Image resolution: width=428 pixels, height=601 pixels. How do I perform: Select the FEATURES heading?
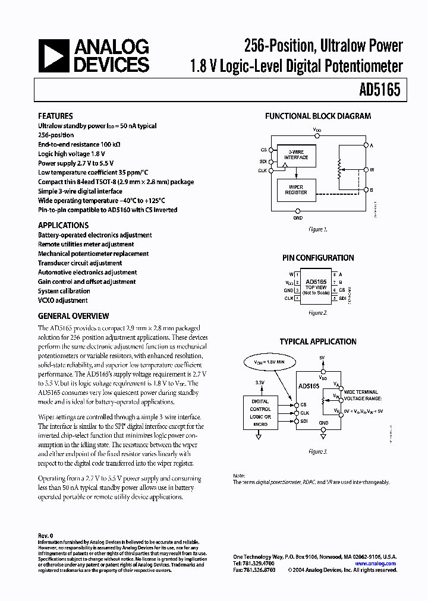coord(55,116)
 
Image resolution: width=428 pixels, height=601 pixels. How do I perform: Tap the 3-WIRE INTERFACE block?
coord(296,155)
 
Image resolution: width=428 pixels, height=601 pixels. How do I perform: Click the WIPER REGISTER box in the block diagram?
coord(296,189)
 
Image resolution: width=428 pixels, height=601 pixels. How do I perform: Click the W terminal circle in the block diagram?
coord(366,169)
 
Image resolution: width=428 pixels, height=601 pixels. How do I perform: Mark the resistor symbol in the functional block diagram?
coord(340,169)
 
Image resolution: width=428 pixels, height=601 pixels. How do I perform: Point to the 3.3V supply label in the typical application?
coord(259,383)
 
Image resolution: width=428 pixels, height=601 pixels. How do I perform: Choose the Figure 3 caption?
coord(318,452)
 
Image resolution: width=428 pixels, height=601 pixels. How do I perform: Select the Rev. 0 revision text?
coord(46,536)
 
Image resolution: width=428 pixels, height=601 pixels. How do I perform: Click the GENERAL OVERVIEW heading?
coord(74,317)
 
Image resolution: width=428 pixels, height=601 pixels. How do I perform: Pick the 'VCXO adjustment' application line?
coord(63,300)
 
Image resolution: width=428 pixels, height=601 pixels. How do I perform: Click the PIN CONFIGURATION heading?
coord(318,258)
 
